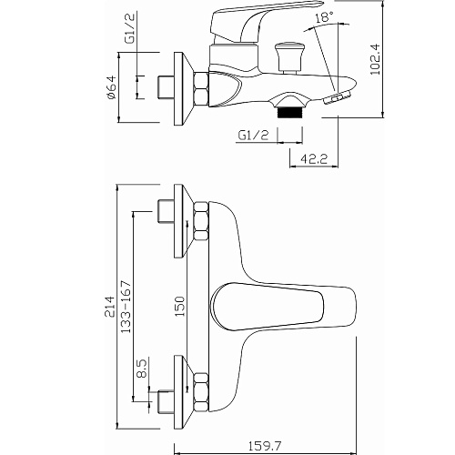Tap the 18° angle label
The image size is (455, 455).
point(324,17)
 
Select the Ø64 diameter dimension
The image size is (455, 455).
point(111,87)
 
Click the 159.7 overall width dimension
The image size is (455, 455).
point(265,446)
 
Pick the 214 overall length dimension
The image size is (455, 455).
point(110,307)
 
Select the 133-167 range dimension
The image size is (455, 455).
point(126,307)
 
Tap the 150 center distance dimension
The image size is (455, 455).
point(180,307)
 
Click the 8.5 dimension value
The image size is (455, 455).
point(141,368)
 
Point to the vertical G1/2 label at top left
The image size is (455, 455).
point(130,29)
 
